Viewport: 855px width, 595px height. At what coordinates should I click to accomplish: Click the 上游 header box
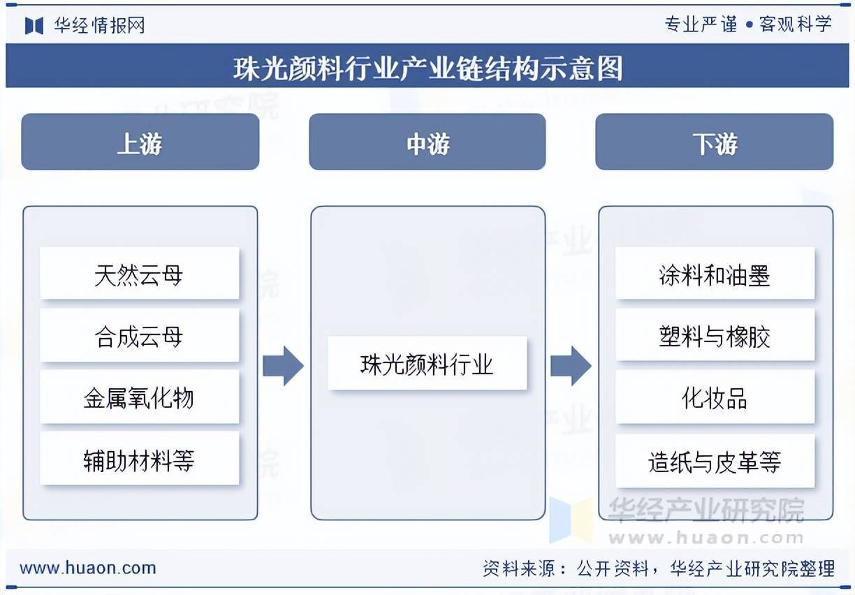click(140, 142)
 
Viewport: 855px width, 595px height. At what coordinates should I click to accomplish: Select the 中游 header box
click(427, 142)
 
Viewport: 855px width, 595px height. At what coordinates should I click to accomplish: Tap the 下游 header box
click(714, 142)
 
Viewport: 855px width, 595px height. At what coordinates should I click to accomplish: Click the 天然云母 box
click(139, 274)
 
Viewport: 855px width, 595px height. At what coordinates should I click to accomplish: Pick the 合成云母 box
click(139, 336)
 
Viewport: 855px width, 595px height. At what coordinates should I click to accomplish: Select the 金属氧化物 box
click(139, 397)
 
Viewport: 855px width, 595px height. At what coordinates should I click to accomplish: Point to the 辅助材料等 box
click(139, 459)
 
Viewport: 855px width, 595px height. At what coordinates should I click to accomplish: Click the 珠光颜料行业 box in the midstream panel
click(427, 363)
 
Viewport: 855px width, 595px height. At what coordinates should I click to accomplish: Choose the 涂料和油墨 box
click(715, 274)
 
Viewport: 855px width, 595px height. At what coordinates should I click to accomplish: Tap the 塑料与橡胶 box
click(715, 336)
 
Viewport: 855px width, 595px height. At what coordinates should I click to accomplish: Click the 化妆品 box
click(715, 397)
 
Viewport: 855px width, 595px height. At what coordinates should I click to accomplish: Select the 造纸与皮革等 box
click(715, 461)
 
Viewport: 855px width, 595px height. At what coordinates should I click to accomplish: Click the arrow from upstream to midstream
click(283, 365)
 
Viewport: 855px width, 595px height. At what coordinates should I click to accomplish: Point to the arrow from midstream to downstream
click(571, 365)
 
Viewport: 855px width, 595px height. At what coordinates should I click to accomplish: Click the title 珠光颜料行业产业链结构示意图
click(427, 68)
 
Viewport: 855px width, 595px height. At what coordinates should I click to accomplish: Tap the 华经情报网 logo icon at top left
click(34, 26)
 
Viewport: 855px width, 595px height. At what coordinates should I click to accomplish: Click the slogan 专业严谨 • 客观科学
click(747, 24)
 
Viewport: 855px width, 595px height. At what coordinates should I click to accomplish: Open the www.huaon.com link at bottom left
click(87, 568)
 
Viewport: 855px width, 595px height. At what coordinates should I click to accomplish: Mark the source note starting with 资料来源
click(658, 568)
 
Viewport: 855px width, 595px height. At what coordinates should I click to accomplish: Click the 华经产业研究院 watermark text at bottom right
click(706, 511)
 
